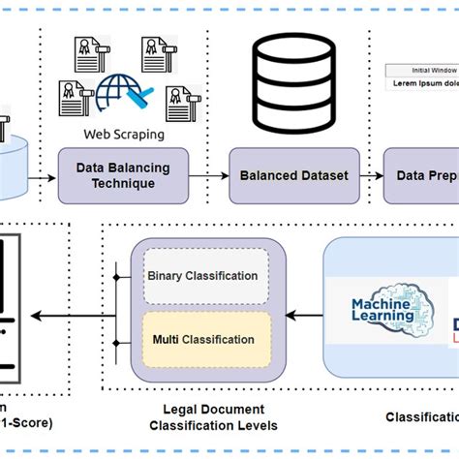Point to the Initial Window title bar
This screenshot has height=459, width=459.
(x=422, y=70)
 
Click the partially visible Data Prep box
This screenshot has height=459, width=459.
(x=420, y=175)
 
